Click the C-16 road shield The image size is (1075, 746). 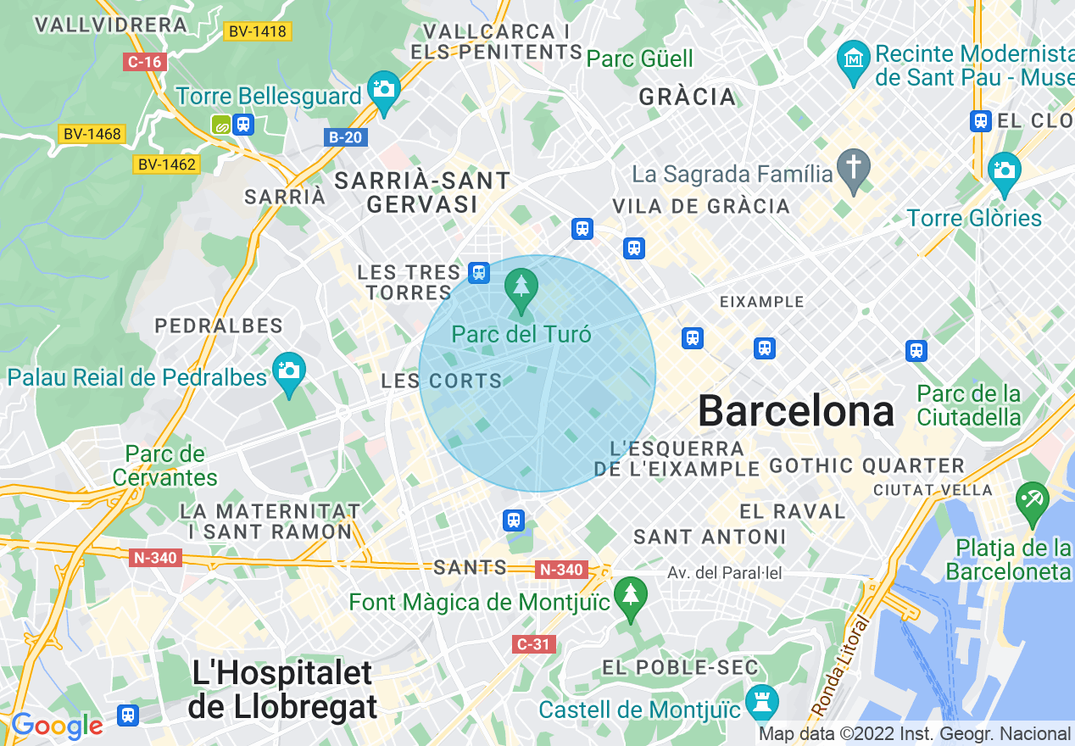145,62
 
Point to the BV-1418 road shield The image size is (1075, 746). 259,32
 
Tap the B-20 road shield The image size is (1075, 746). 346,136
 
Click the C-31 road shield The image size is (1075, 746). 534,644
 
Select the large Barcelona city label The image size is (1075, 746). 795,412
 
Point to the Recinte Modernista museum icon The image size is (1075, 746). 853,59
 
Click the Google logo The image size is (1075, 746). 56,727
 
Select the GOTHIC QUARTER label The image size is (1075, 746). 866,465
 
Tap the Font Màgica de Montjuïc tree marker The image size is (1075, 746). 629,595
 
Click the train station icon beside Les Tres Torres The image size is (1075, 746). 479,272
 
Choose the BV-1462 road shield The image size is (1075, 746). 167,164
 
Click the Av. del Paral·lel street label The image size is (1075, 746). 724,574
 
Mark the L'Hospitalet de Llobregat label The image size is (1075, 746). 282,689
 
